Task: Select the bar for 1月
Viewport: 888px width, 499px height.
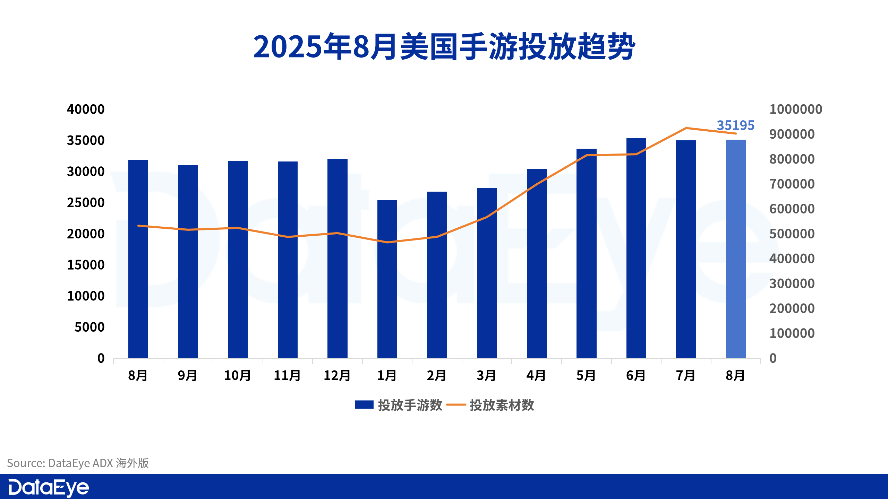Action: (387, 279)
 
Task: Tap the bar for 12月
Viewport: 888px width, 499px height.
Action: (338, 259)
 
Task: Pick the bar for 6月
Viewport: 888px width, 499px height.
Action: (636, 248)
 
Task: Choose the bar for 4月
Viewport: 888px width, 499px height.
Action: (537, 263)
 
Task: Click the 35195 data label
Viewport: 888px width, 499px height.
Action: (735, 125)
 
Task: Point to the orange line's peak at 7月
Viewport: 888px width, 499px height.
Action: (686, 128)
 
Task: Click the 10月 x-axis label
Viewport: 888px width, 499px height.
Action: (238, 376)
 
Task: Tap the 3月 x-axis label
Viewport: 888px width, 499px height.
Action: (487, 376)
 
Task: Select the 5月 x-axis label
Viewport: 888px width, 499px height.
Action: (586, 376)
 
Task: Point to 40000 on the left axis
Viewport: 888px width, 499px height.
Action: (86, 110)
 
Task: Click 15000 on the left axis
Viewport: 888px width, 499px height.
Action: (86, 265)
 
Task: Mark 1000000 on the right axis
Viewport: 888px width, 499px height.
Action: (796, 110)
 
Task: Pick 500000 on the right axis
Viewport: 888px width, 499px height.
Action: (792, 234)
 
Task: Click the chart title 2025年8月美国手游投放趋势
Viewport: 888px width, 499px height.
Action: (444, 47)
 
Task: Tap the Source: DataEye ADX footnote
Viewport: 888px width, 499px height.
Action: (78, 463)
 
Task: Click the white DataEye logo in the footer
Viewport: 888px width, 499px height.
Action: (49, 488)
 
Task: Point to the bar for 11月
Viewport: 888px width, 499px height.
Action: (288, 260)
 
